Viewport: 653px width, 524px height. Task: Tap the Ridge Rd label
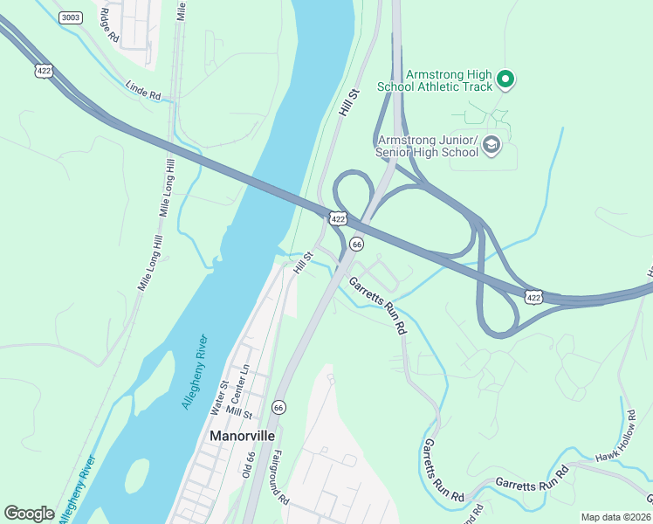pyautogui.click(x=107, y=25)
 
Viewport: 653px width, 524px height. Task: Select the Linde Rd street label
pyautogui.click(x=143, y=90)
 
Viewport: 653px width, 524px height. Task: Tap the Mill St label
pyautogui.click(x=238, y=413)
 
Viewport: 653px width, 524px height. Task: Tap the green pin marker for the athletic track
pyautogui.click(x=505, y=81)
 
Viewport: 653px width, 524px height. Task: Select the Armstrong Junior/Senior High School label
pyautogui.click(x=427, y=147)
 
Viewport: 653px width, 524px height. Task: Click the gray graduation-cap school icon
pyautogui.click(x=491, y=145)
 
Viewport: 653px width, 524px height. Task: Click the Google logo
pyautogui.click(x=30, y=514)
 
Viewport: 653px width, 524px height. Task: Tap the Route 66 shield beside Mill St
pyautogui.click(x=278, y=407)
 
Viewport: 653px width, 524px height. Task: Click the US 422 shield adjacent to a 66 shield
pyautogui.click(x=337, y=219)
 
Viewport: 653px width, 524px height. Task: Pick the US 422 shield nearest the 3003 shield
pyautogui.click(x=42, y=68)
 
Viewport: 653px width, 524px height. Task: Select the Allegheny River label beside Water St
pyautogui.click(x=193, y=371)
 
